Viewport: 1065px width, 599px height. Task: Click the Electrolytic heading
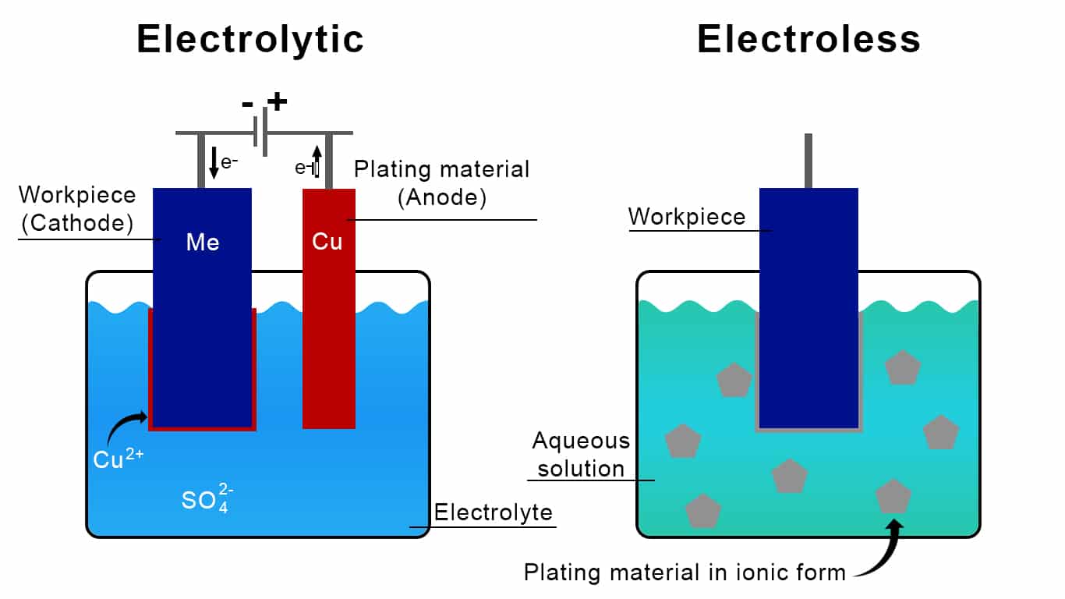click(x=250, y=39)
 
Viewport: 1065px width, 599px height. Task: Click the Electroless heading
click(x=808, y=39)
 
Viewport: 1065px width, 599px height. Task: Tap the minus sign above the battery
click(x=247, y=105)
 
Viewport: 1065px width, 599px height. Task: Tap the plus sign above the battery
click(x=277, y=101)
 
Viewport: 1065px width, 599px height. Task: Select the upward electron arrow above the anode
click(x=317, y=162)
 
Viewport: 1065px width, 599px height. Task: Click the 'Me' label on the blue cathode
click(x=202, y=243)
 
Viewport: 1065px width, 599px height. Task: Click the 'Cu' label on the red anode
click(x=327, y=242)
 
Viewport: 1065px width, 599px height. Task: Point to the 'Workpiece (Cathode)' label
click(x=76, y=209)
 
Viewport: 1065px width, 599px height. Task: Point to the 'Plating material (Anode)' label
click(x=441, y=183)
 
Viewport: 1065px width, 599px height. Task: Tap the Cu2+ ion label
click(x=118, y=459)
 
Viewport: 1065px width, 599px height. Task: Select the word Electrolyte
click(x=493, y=512)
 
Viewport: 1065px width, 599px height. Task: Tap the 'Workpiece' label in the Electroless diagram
click(x=687, y=216)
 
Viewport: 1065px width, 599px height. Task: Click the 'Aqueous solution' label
click(x=581, y=455)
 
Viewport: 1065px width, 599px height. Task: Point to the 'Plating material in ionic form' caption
click(x=685, y=572)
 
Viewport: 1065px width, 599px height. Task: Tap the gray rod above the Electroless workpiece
click(x=808, y=161)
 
